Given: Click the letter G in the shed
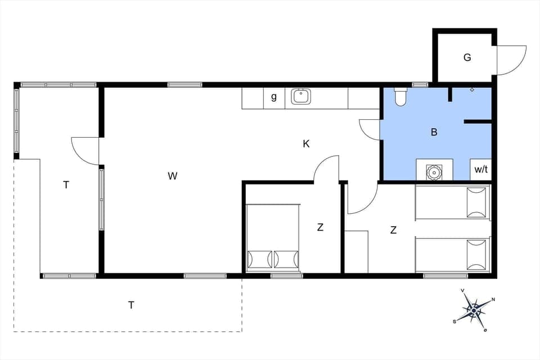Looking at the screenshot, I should pos(467,57).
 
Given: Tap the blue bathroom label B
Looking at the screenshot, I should pos(434,133).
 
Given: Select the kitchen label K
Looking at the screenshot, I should pos(306,144).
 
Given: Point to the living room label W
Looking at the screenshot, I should pos(172,176).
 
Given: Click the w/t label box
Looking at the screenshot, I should pos(481,169).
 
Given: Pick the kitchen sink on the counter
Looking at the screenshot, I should pos(301,97).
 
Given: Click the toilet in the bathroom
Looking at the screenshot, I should pos(401,97).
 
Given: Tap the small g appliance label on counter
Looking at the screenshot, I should pos(274,97).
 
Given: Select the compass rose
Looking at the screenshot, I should pos(474,309).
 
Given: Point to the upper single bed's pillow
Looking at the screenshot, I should pos(476,202).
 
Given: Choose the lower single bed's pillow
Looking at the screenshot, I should pos(476,254).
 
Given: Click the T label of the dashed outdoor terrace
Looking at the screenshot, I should pos(131,305).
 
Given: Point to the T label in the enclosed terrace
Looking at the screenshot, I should pos(66,184).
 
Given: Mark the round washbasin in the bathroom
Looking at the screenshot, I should pos(434,171).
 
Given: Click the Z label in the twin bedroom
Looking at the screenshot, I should pos(393,229).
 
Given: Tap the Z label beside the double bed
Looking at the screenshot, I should pos(320,227).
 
